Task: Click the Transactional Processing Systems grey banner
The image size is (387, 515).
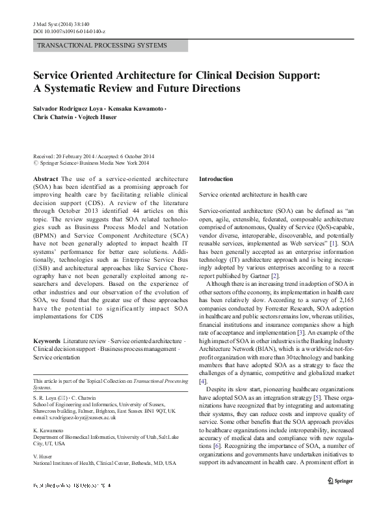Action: tap(111, 46)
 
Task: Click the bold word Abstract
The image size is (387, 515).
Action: tap(46, 178)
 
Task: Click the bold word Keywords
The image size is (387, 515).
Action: tap(47, 341)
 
